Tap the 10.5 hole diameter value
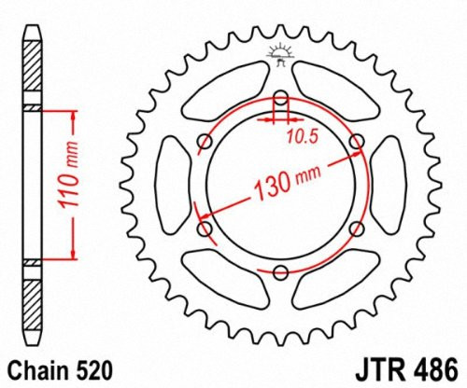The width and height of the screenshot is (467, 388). pyautogui.click(x=298, y=136)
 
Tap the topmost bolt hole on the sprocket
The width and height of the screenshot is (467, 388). pyautogui.click(x=281, y=98)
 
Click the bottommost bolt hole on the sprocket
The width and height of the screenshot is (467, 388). pyautogui.click(x=281, y=270)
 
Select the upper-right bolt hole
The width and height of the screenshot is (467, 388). pyautogui.click(x=356, y=141)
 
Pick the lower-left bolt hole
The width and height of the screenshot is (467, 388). pyautogui.click(x=206, y=228)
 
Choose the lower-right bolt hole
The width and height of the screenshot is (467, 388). pyautogui.click(x=356, y=228)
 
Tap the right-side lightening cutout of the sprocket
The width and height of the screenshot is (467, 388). pyautogui.click(x=389, y=184)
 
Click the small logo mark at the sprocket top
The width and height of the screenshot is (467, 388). pyautogui.click(x=279, y=54)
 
